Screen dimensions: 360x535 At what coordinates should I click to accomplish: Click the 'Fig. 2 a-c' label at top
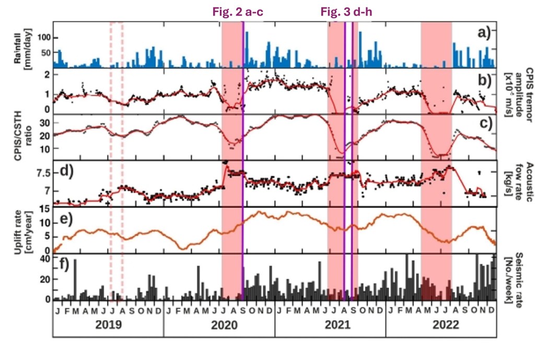(236, 11)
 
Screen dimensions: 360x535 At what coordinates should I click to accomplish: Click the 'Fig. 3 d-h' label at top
(346, 11)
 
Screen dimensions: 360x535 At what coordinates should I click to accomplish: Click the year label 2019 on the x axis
(109, 324)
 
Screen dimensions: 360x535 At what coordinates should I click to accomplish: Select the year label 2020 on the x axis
(219, 324)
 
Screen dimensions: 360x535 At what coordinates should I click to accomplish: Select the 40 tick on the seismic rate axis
(44, 259)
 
